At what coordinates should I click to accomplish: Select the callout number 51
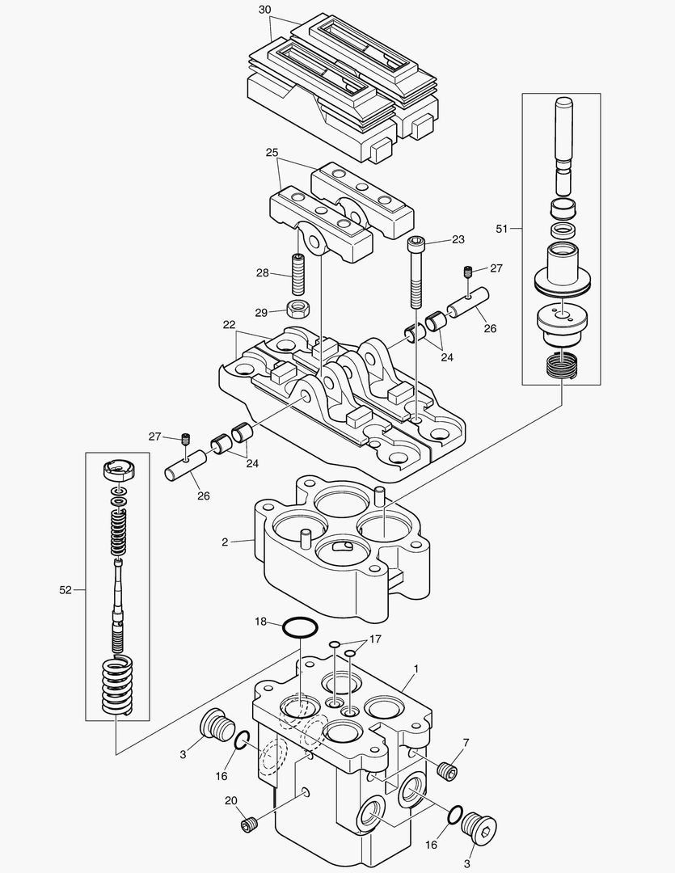click(501, 229)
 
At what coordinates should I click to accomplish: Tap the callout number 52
click(65, 591)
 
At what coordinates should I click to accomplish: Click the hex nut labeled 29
click(300, 309)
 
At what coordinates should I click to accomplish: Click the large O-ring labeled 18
click(300, 627)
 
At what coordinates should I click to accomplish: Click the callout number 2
click(225, 542)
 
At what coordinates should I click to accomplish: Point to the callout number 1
click(416, 668)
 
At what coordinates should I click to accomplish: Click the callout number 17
click(374, 639)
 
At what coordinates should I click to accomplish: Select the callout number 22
click(229, 324)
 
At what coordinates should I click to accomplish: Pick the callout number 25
click(272, 152)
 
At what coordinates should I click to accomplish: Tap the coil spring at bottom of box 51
click(560, 365)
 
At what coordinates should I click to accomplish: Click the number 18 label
click(260, 622)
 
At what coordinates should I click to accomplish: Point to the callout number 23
click(458, 239)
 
